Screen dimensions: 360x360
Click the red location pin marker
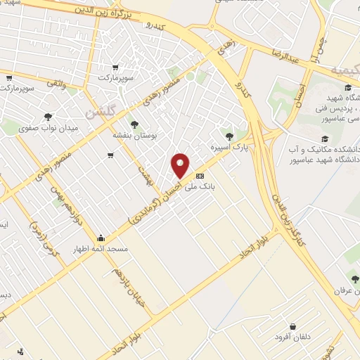181,165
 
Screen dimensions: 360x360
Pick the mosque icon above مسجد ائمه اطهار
101,238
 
